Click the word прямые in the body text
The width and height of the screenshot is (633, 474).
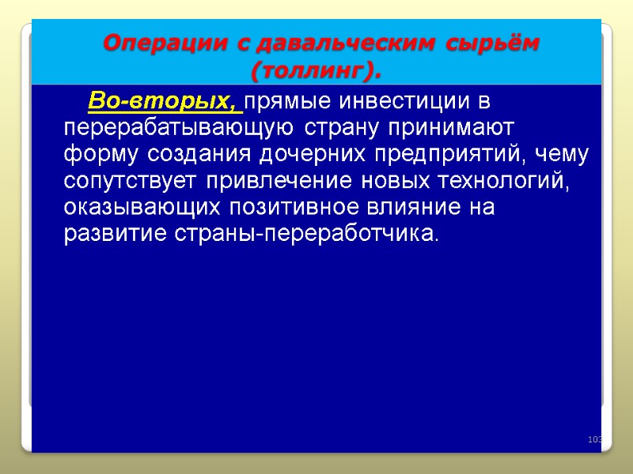pos(289,102)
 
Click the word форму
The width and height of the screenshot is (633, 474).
pos(98,155)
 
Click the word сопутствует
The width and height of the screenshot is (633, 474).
pos(131,182)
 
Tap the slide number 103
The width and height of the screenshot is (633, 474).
pos(595,439)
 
